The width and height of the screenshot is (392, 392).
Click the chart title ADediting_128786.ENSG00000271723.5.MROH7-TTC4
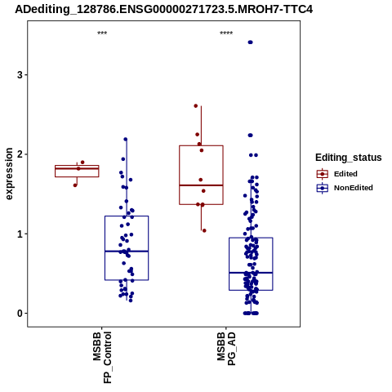(163, 10)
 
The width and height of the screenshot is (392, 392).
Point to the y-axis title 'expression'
(9, 174)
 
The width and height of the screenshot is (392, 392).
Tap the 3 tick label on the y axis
(20, 75)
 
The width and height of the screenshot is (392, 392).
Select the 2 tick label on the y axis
(20, 154)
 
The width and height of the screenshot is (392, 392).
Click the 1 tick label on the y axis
(20, 234)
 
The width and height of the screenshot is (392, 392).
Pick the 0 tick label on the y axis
(20, 314)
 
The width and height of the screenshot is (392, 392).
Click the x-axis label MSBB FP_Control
(102, 357)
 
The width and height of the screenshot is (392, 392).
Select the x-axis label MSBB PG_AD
(226, 349)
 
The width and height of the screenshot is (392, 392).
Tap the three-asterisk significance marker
(102, 33)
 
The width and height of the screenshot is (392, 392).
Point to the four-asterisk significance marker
(226, 33)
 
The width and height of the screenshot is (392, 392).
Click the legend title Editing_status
(349, 158)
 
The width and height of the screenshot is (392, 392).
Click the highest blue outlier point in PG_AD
(250, 42)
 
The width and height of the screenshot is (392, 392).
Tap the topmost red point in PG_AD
(196, 106)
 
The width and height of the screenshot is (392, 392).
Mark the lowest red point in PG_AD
(204, 230)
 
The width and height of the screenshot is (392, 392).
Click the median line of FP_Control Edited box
(77, 168)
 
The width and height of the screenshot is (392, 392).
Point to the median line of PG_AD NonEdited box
(251, 273)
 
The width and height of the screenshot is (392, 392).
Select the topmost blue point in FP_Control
(126, 140)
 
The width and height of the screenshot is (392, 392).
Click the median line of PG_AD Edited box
(201, 185)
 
